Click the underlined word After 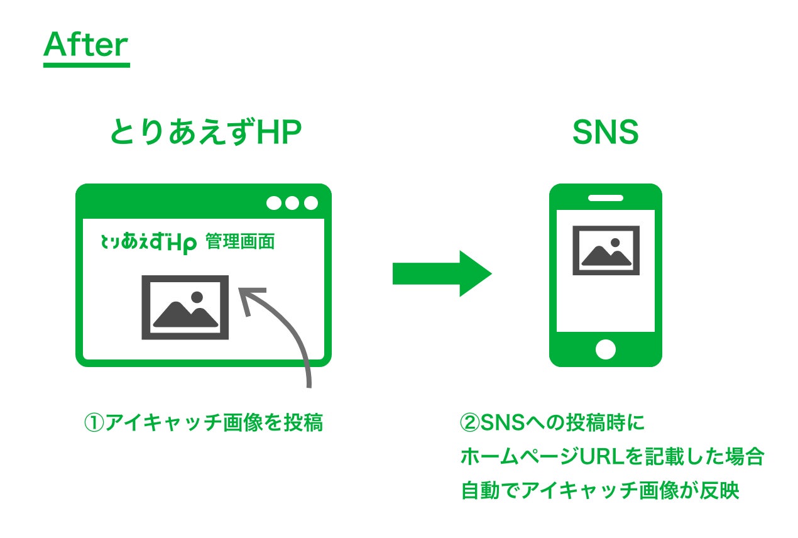coord(85,45)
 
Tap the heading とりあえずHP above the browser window coord(206,133)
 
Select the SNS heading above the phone coord(605,133)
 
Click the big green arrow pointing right coord(442,273)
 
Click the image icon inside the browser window coord(185,307)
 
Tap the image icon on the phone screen coord(606,250)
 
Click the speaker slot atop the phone coord(605,198)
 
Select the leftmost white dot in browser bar coord(274,203)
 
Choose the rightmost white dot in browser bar coord(311,203)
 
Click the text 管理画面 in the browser coord(241,242)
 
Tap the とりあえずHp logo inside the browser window coord(149,243)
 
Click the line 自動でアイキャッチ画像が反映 coord(599,491)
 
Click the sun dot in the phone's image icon coord(615,243)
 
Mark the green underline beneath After coord(86,64)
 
